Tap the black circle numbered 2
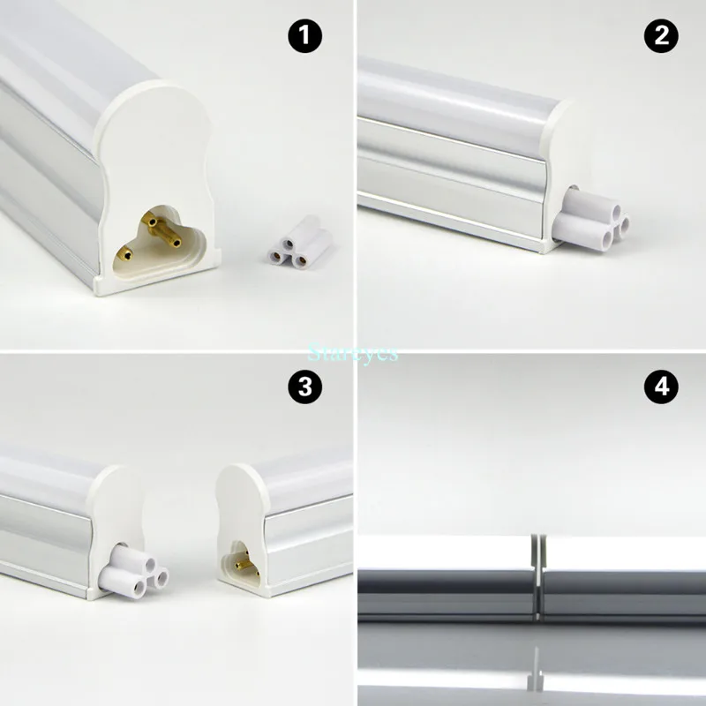[x=663, y=37]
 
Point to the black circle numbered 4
[x=663, y=387]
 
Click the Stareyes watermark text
[x=353, y=353]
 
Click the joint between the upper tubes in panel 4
[x=536, y=574]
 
